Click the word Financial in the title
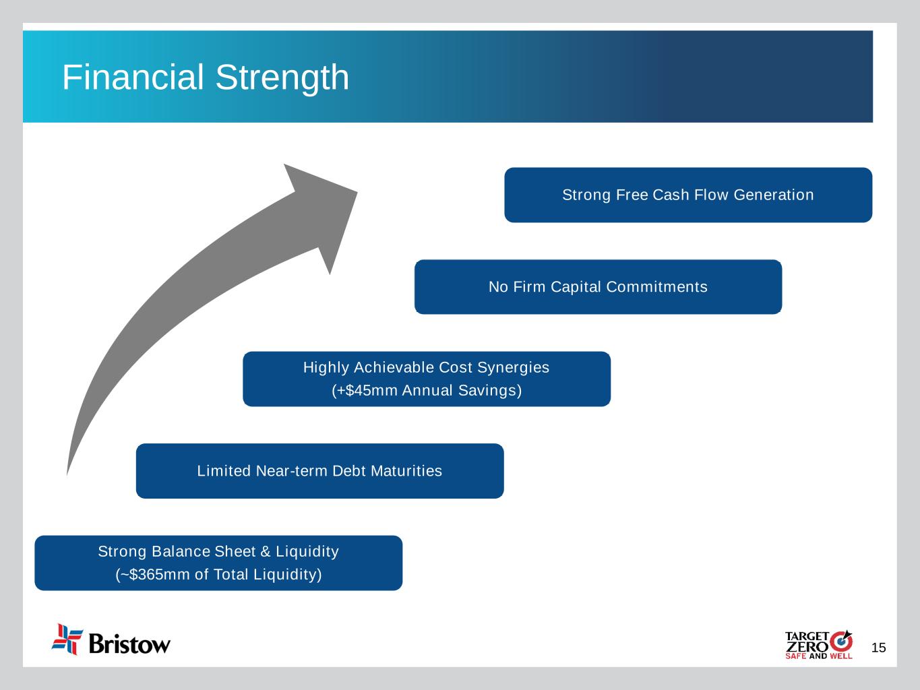pos(133,77)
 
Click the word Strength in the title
pos(282,78)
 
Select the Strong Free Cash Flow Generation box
pos(688,195)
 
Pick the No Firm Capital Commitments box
pos(598,287)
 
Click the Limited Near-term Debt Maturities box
pos(319,471)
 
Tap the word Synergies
pos(513,368)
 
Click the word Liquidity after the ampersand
pos(307,552)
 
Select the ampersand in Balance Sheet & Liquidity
pos(266,552)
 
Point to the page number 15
pos(878,648)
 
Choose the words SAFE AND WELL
pos(819,656)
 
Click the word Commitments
pos(656,287)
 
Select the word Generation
pos(774,195)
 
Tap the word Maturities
pos(406,471)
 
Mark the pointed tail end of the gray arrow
pos(67,475)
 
